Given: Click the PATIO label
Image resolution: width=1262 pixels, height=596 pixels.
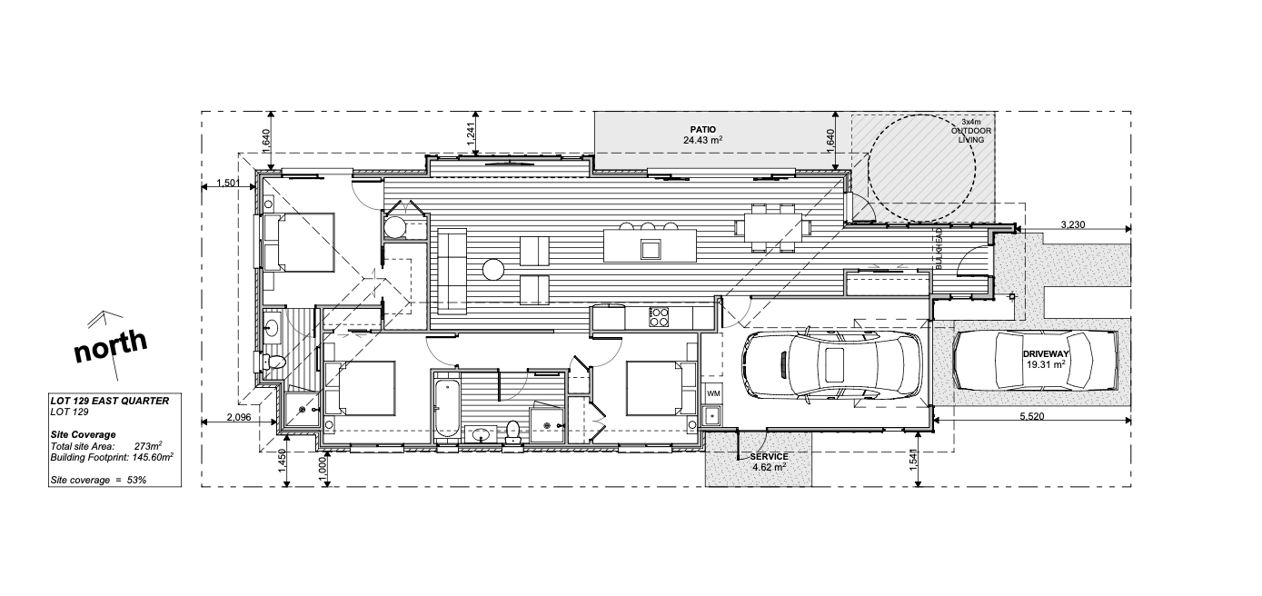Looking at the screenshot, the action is (x=703, y=130).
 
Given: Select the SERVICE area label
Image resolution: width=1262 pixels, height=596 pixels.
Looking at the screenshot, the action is (x=769, y=456).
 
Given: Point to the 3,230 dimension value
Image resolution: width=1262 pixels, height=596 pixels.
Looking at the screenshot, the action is (x=1073, y=224).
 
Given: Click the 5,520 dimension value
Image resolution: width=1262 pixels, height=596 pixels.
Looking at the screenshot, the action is (x=1032, y=416).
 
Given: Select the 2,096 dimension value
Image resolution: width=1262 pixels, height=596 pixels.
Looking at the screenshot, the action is (x=239, y=417).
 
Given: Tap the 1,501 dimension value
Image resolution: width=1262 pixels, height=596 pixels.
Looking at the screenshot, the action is (x=229, y=183).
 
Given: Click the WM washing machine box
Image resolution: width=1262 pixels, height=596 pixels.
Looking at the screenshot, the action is (x=713, y=392).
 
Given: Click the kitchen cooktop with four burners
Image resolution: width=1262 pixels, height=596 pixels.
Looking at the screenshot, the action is (x=660, y=316).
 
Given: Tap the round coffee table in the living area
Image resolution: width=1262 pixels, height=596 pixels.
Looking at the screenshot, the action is (x=493, y=269).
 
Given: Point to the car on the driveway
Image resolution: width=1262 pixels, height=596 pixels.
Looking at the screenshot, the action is (x=1036, y=360).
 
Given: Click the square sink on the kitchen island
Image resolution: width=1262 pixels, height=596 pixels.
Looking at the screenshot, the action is (x=651, y=249).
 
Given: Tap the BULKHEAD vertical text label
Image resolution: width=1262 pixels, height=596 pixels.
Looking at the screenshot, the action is (x=939, y=249).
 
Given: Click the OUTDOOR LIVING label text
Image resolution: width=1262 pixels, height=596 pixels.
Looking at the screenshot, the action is (x=971, y=135).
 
